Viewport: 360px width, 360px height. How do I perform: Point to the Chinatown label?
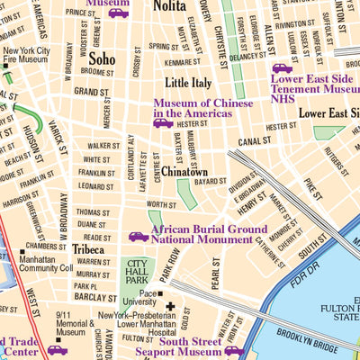pos(184,171)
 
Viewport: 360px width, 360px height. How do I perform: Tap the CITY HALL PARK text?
pos(139,273)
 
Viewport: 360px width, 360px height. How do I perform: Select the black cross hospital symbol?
pos(169,307)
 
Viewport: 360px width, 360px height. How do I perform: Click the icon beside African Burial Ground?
pos(139,236)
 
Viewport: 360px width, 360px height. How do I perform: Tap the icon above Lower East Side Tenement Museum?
pos(283,67)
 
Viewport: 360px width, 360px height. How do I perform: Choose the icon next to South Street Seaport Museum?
pos(234,350)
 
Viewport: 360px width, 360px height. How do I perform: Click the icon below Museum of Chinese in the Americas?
pos(164,123)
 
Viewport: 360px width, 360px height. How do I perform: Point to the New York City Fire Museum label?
pos(26,58)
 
